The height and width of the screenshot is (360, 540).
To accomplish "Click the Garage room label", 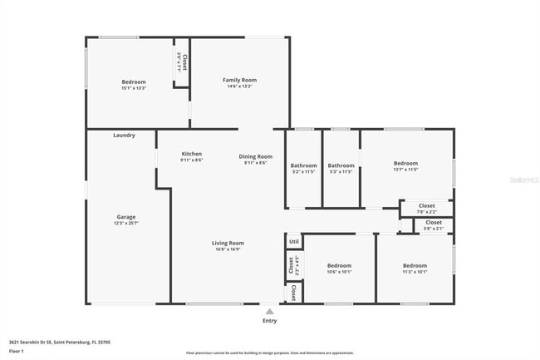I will (126, 217).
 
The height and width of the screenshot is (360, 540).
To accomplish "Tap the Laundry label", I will (125, 135).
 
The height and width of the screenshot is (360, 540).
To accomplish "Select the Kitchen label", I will (192, 154).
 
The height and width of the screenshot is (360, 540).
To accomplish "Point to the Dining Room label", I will (256, 156).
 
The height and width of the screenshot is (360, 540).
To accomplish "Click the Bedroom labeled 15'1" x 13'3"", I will (134, 81).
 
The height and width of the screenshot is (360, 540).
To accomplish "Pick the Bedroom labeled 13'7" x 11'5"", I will (405, 163).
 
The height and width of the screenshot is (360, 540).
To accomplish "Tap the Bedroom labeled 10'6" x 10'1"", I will (339, 265).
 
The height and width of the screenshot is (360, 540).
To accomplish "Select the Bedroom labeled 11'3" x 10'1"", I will (415, 265).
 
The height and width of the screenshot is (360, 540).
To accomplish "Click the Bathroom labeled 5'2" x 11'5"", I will (304, 165).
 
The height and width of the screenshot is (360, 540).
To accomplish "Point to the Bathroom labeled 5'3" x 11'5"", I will (341, 165).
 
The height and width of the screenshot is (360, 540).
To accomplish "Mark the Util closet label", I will (293, 242).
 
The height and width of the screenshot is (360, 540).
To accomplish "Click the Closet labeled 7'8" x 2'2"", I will (426, 205).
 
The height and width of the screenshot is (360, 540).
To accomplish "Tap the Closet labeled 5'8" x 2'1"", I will (434, 222).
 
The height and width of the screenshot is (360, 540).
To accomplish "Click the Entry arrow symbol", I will (269, 311).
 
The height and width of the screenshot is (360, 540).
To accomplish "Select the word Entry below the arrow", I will (269, 320).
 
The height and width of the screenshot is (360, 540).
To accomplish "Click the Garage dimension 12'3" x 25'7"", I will (126, 223).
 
